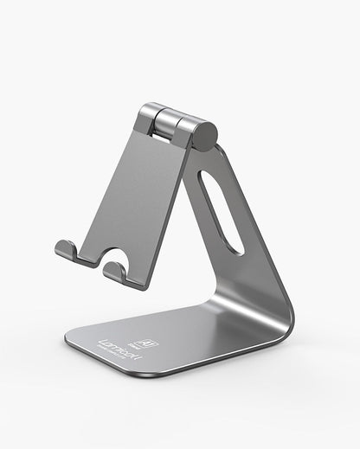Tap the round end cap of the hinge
(204, 135)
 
